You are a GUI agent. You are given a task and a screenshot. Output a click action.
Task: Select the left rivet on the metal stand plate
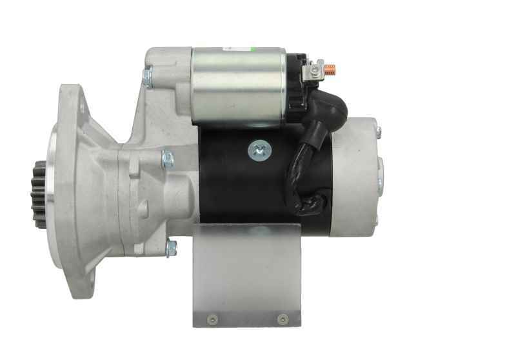point(210,318)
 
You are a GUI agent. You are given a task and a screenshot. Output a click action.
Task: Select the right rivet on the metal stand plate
point(281,318)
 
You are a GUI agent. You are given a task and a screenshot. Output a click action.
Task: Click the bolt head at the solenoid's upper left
point(147,77)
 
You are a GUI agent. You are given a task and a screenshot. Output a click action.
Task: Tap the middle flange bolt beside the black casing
point(168,159)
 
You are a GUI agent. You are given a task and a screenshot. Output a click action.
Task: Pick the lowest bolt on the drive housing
point(172,247)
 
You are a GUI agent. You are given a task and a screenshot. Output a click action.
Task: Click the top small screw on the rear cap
point(379,132)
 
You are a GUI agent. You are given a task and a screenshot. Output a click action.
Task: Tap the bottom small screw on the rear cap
point(376,221)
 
